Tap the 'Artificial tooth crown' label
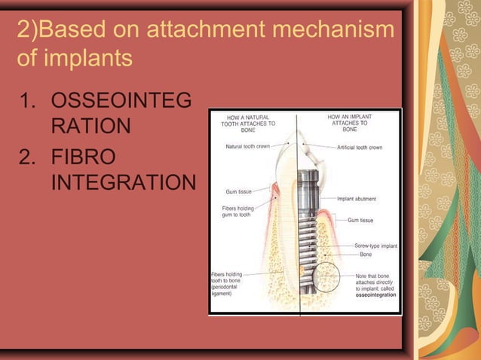[x=360, y=147]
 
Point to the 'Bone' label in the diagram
[x=366, y=255]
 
